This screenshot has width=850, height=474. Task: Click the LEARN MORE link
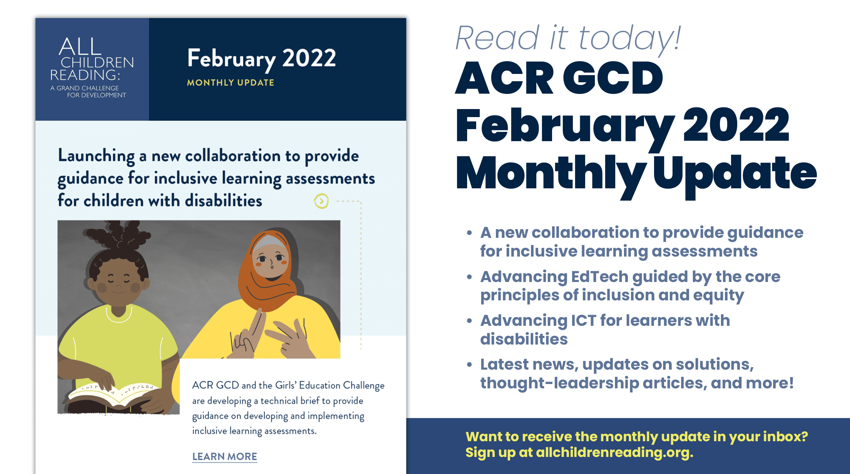pos(225,457)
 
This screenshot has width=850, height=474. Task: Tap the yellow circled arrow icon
pos(321,201)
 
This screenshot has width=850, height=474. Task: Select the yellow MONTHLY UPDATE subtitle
pos(230,83)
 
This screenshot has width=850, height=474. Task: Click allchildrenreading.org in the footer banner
pos(615,452)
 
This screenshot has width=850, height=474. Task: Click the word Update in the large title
pos(735,174)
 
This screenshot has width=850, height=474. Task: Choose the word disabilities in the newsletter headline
pos(223,201)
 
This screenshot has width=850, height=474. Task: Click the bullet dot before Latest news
pos(469,364)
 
